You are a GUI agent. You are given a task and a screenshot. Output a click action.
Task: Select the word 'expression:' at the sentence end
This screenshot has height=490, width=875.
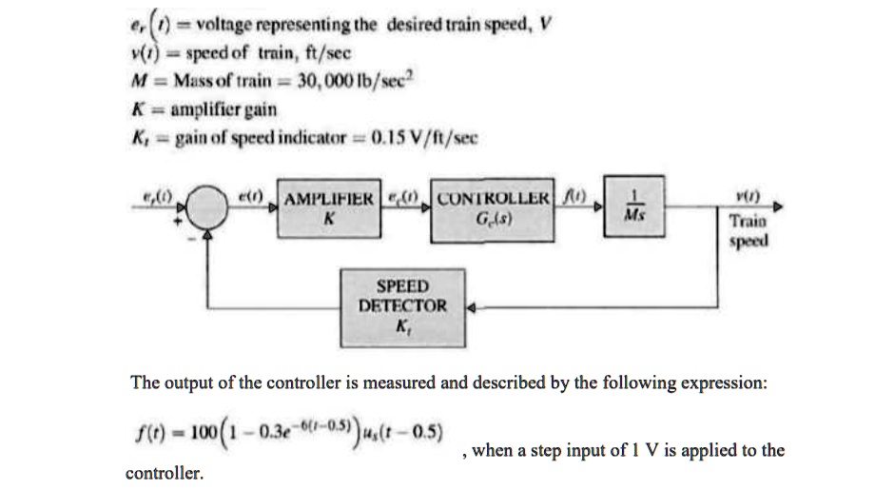tap(727, 382)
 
